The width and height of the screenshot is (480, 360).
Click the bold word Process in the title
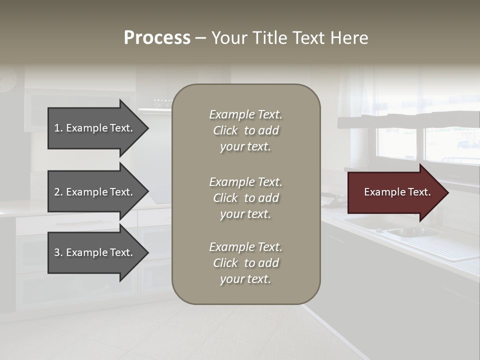[157, 38]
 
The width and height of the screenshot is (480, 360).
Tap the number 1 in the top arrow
[57, 128]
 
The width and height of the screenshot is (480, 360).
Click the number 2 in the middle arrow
[57, 192]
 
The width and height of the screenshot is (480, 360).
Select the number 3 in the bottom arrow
[57, 252]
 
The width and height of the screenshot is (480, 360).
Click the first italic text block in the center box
[245, 130]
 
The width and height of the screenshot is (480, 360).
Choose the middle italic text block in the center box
[245, 198]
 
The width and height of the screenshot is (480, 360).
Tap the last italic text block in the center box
[245, 263]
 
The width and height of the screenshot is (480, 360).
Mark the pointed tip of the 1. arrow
[147, 128]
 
